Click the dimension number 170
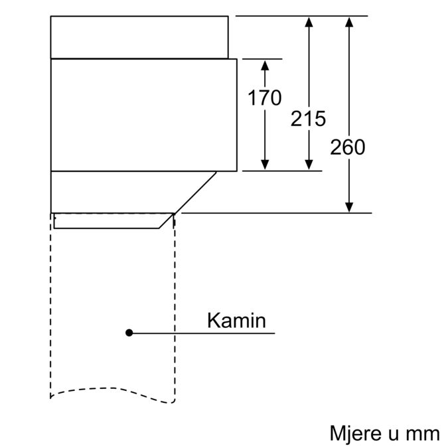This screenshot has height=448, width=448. click(265, 98)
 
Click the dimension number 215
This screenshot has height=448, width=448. click(308, 119)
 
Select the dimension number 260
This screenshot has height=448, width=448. click(348, 147)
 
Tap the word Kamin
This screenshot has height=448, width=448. click(236, 321)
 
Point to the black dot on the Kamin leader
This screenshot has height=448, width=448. click(130, 333)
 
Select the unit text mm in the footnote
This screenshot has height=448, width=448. click(423, 433)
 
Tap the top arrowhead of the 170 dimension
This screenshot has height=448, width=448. click(265, 64)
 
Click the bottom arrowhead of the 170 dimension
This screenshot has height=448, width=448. click(265, 165)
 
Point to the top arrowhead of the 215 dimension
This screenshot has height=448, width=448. click(308, 22)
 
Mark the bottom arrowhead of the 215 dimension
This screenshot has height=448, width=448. click(308, 165)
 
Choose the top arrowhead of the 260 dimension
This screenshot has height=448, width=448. click(349, 22)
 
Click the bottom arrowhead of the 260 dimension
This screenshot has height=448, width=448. click(349, 207)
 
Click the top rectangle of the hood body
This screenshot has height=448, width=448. click(139, 37)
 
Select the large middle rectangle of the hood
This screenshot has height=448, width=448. click(143, 114)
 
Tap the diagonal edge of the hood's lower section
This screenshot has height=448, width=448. click(194, 192)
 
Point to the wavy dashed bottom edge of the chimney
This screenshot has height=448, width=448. click(113, 393)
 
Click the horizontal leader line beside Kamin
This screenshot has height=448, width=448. click(219, 333)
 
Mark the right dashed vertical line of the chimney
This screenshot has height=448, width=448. click(175, 305)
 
